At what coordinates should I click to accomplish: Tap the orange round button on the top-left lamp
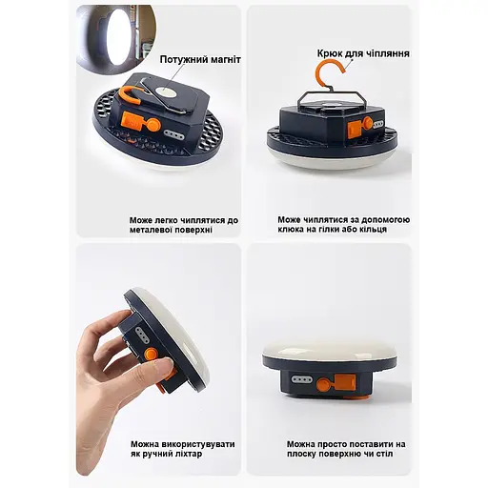coord(152,125)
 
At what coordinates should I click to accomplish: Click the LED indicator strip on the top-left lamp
coord(174,136)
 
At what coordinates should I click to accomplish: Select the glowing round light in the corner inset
coord(118,36)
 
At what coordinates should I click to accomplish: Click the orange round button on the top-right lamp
coord(368,123)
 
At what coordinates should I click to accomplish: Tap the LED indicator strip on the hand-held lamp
coord(142,335)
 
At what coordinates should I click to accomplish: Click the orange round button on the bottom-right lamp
coord(324,384)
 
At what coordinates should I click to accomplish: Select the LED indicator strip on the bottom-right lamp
coord(302,379)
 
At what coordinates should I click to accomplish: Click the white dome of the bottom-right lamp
coord(330,348)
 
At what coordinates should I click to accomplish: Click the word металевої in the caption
coord(152,230)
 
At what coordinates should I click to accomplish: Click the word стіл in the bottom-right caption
coord(384,454)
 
